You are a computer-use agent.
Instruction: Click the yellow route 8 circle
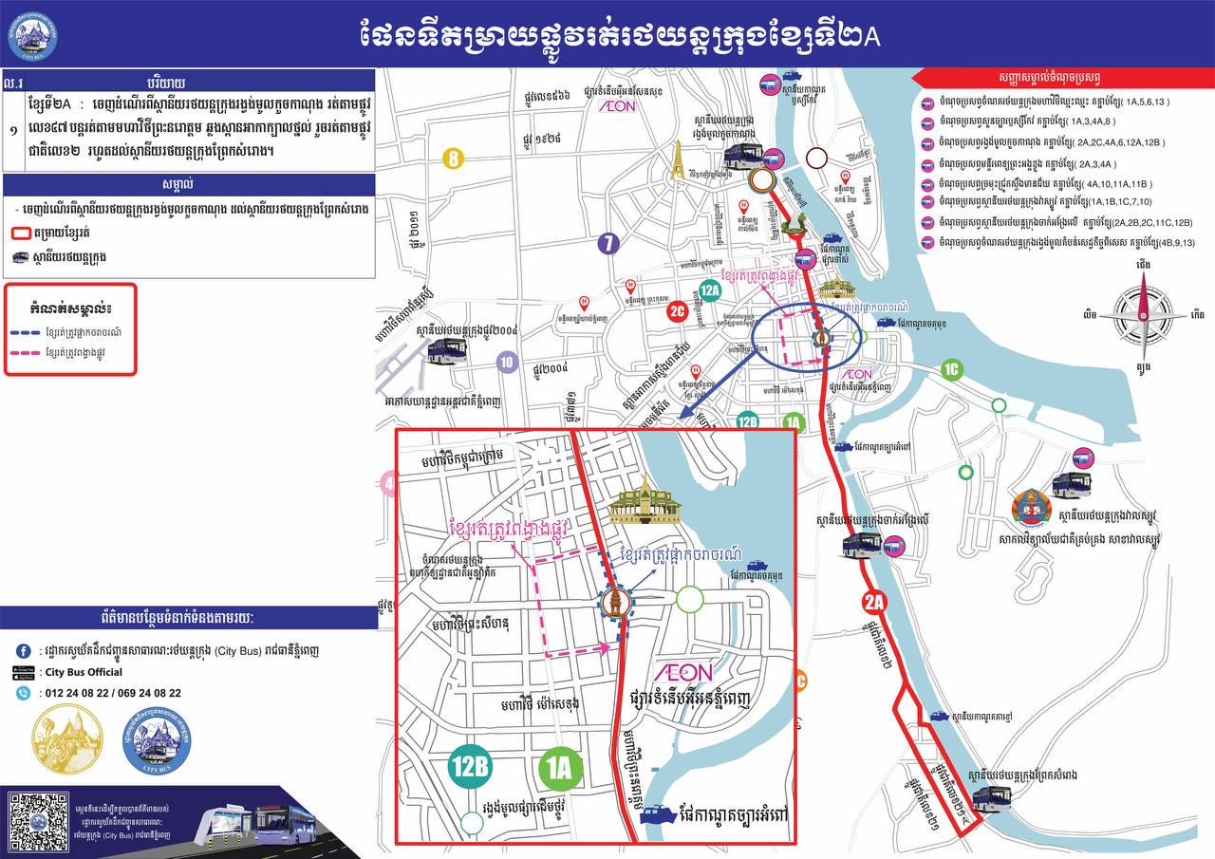(454, 159)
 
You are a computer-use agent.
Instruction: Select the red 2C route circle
(677, 310)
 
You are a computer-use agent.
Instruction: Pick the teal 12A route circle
(709, 290)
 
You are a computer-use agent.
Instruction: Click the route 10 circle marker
(507, 362)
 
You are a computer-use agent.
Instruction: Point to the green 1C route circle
(952, 370)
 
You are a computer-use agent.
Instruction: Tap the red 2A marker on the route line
(874, 601)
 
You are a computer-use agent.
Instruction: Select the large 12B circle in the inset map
(471, 768)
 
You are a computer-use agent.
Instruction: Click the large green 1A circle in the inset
(559, 768)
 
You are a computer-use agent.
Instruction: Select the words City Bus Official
(84, 672)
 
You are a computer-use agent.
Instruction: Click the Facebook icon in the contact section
(23, 651)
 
